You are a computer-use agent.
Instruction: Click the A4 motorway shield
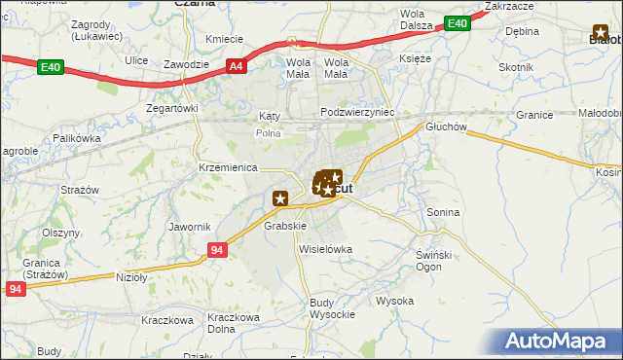pos(237,66)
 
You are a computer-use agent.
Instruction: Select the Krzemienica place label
pos(229,166)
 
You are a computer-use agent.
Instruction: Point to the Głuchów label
pos(447,126)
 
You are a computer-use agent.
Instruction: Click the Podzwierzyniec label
pos(357,113)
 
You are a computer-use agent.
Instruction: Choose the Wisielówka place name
pos(325,249)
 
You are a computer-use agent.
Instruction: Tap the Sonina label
pos(443,211)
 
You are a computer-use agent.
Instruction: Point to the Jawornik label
pos(190,227)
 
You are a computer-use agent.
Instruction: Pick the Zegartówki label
pos(172,109)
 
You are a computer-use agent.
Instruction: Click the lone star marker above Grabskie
pos(280,198)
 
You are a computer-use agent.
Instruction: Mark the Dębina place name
pos(522,31)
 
